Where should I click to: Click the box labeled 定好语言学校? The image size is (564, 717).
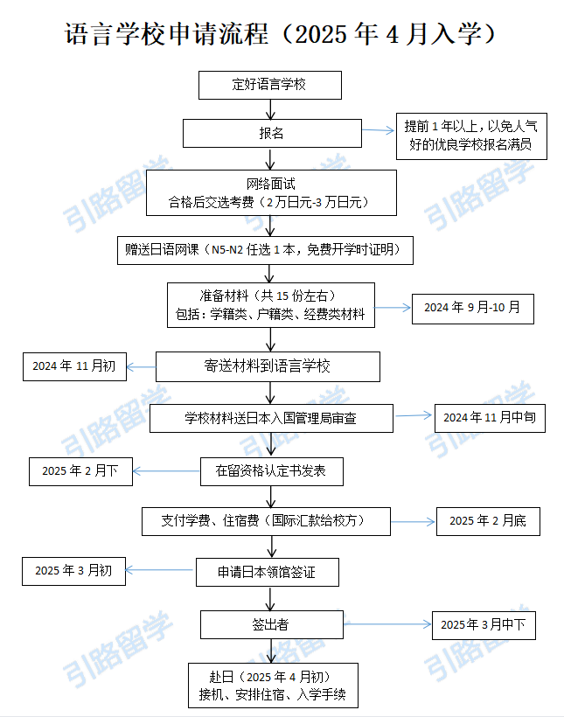coord(270,85)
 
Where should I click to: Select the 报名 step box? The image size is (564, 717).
coord(272,133)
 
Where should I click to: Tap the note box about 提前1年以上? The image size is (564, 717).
coord(471,136)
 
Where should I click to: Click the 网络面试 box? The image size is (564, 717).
coord(271,192)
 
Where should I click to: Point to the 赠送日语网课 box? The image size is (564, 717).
coord(265,250)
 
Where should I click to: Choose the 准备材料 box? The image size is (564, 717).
coord(271,305)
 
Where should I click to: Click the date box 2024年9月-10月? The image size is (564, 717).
coord(473,310)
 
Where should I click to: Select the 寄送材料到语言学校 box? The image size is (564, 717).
coord(268,366)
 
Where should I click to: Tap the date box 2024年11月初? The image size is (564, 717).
coord(74,366)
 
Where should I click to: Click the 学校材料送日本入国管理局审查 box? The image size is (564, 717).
coord(271,419)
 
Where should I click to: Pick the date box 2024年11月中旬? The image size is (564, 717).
coord(490,419)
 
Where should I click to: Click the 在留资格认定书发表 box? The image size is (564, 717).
coord(272,471)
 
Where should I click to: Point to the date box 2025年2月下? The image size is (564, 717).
coord(80,471)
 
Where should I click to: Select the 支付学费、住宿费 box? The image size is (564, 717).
coord(266,521)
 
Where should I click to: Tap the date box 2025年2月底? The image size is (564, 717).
coord(488,521)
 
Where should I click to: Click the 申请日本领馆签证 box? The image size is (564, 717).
coord(268,572)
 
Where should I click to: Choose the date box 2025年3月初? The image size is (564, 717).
coord(73,571)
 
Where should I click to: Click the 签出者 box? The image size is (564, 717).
coord(272,624)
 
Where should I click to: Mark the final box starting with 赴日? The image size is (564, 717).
coord(273,686)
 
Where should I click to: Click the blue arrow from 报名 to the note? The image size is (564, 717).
coord(378,130)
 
